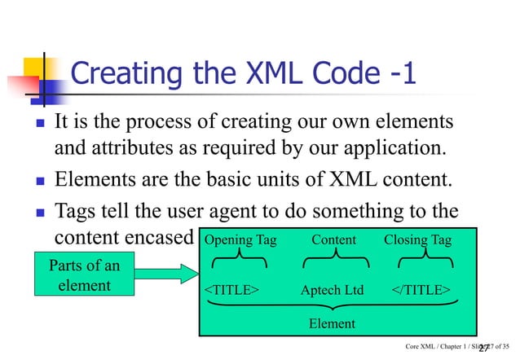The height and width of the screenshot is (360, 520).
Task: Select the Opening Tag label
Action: (x=240, y=239)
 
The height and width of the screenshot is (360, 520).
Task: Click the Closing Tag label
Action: (x=417, y=239)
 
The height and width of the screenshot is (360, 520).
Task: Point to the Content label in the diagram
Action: (x=334, y=239)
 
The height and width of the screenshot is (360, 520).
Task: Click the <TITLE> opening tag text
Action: (x=231, y=290)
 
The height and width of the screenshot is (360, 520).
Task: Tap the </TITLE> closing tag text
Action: (x=423, y=290)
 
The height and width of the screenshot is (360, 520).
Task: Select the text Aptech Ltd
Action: (x=333, y=290)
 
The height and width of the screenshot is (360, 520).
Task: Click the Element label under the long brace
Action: (x=332, y=323)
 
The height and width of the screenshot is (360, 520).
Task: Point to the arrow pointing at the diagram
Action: (x=155, y=277)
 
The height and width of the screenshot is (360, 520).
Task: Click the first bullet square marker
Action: (x=29, y=126)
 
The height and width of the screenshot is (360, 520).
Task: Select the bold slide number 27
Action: (x=484, y=348)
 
